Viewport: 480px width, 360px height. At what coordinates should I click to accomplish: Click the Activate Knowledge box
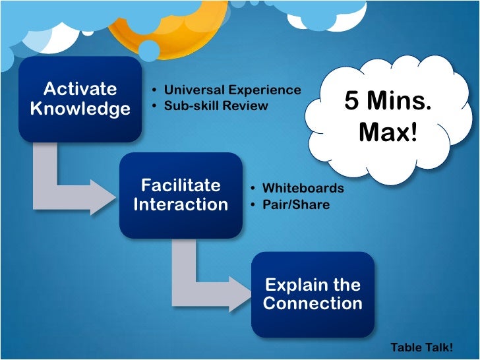click(x=80, y=99)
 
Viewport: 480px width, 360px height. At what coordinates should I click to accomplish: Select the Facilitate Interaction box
click(x=181, y=195)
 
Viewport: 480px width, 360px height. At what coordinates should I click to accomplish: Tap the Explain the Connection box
click(x=313, y=294)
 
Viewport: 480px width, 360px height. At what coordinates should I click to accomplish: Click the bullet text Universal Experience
click(x=232, y=90)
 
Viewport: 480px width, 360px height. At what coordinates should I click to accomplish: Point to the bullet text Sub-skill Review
click(x=216, y=105)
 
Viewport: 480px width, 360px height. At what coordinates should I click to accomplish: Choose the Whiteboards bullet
click(x=303, y=189)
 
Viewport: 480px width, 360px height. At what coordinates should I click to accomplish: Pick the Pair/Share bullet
click(x=295, y=205)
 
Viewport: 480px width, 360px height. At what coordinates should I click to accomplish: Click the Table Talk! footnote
click(x=421, y=347)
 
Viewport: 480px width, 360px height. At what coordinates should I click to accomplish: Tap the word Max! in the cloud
click(x=388, y=133)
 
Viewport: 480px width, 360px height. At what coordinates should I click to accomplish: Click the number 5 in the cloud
click(x=352, y=102)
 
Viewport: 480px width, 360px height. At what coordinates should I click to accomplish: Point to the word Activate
click(x=80, y=89)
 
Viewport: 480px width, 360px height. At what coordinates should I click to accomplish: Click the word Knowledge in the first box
click(x=80, y=109)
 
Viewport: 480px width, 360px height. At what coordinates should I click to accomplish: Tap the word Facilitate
click(x=181, y=185)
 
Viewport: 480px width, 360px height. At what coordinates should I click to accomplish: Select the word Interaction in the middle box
click(x=181, y=205)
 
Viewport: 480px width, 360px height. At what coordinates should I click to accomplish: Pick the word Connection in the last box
click(x=313, y=304)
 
